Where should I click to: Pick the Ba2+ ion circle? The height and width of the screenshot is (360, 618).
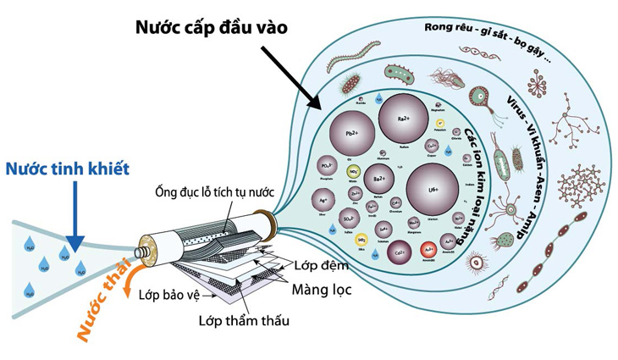coord(379,180)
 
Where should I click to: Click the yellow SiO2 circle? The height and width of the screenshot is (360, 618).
coord(361,240)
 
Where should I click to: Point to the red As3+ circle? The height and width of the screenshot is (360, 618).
coord(430,250)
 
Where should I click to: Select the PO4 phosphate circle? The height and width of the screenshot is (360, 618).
coord(325,166)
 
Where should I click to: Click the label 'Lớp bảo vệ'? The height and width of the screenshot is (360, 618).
coord(175,295)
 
